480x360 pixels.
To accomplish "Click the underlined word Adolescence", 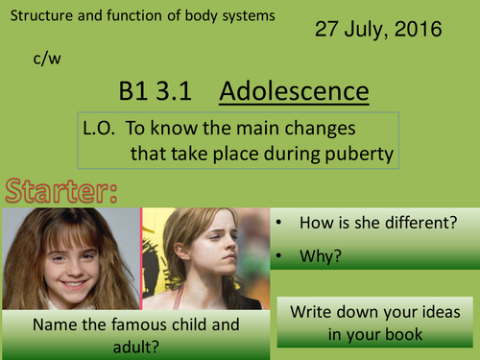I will pyautogui.click(x=294, y=92).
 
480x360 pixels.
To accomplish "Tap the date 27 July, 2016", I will pyautogui.click(x=378, y=30).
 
